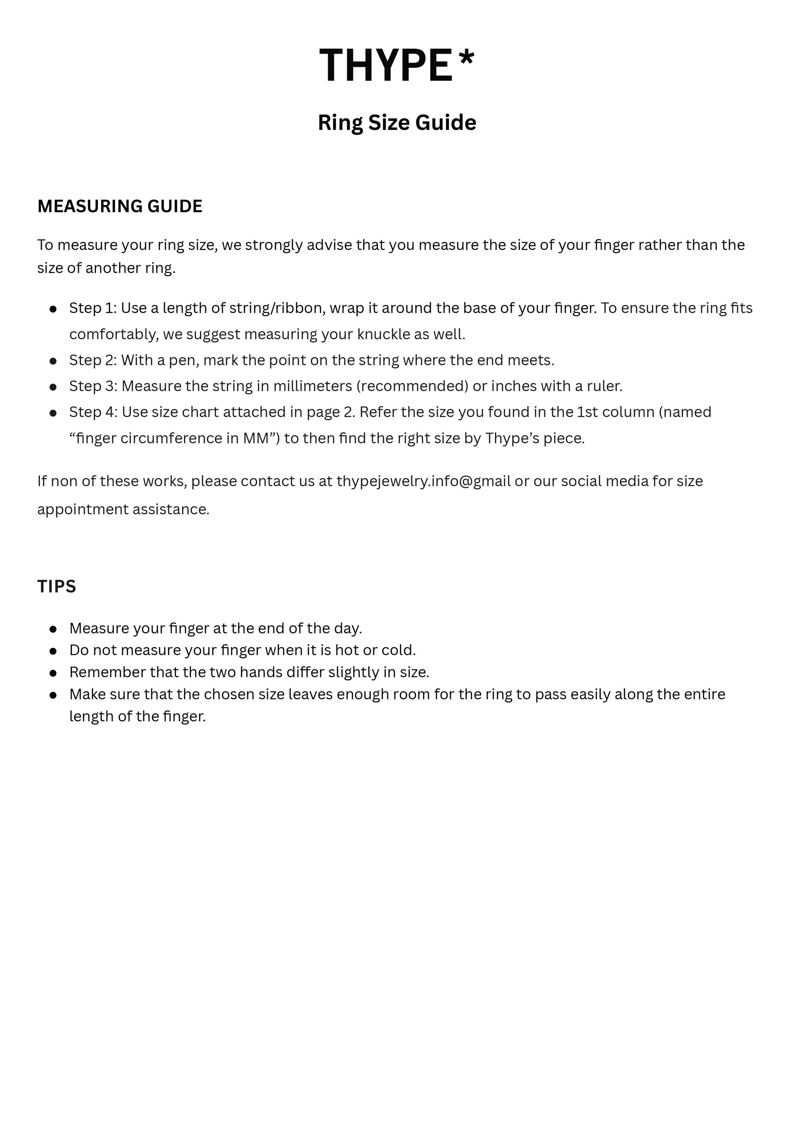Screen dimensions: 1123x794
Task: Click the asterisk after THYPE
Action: [x=466, y=58]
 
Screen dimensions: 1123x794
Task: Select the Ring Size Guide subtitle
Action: [x=397, y=122]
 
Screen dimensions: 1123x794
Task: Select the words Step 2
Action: [x=91, y=360]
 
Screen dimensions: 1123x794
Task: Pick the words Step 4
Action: [x=92, y=412]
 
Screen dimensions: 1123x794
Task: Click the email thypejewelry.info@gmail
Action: [x=424, y=481]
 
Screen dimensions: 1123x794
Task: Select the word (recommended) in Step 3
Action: [x=412, y=387]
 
